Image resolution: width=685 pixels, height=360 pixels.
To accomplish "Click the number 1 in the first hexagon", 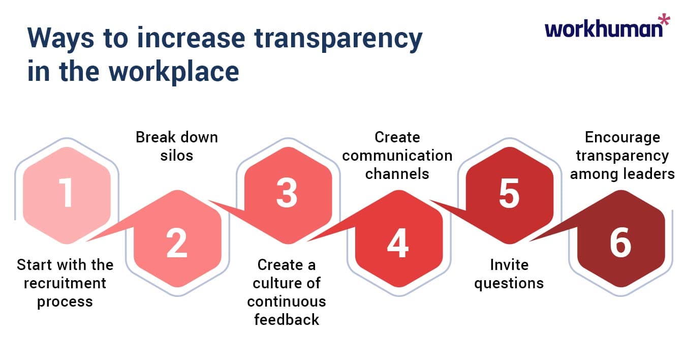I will pyautogui.click(x=66, y=195).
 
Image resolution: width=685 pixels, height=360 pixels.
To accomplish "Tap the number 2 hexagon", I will pyautogui.click(x=176, y=243).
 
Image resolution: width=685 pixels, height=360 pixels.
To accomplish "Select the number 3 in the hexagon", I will pyautogui.click(x=287, y=195).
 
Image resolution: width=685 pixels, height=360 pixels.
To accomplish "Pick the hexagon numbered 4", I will pyautogui.click(x=398, y=243).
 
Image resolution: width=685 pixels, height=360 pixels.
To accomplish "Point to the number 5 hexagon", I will pyautogui.click(x=509, y=195).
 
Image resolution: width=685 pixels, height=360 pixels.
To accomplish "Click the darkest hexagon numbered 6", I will pyautogui.click(x=620, y=243).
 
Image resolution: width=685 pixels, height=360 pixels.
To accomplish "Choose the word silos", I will pyautogui.click(x=176, y=155).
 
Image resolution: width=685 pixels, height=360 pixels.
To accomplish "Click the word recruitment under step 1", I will pyautogui.click(x=65, y=283).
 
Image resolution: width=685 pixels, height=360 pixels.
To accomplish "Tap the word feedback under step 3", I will pyautogui.click(x=287, y=319).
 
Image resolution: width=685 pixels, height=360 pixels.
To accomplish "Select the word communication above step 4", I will pyautogui.click(x=397, y=155).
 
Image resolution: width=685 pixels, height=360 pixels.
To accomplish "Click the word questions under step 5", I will pyautogui.click(x=509, y=283).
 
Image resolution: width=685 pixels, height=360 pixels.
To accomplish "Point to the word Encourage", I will pyautogui.click(x=622, y=137).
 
